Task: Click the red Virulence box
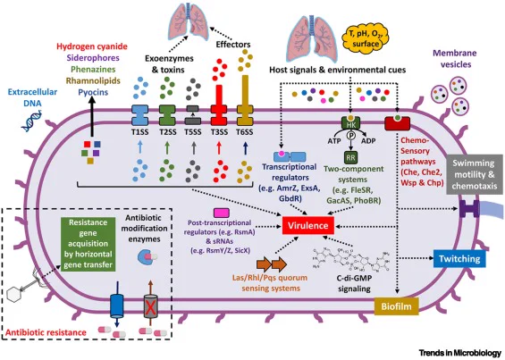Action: (x=307, y=225)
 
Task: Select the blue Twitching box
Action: (x=459, y=258)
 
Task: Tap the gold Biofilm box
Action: (x=396, y=306)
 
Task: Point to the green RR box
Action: (x=350, y=158)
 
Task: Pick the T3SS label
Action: (x=219, y=132)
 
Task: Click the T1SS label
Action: (x=140, y=132)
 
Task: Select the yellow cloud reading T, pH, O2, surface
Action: (x=365, y=38)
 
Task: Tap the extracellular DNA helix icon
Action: (x=32, y=121)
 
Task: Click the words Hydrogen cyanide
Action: (x=92, y=46)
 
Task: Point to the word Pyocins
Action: (x=93, y=92)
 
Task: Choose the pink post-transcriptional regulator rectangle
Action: (x=222, y=213)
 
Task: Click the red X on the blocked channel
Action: (x=150, y=308)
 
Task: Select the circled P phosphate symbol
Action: (x=350, y=136)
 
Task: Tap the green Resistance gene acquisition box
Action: (x=88, y=244)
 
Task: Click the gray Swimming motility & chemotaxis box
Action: (x=475, y=174)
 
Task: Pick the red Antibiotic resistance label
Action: (x=46, y=332)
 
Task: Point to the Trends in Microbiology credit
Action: (x=460, y=353)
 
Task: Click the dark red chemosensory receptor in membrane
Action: (x=398, y=124)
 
